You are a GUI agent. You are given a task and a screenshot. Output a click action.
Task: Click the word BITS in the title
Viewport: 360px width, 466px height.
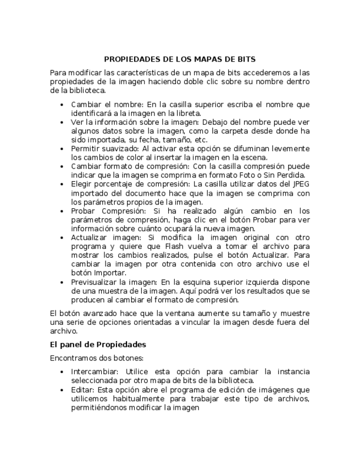[x=246, y=59]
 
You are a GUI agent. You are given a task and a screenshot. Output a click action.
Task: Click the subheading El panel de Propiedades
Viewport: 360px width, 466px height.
[x=97, y=345]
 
